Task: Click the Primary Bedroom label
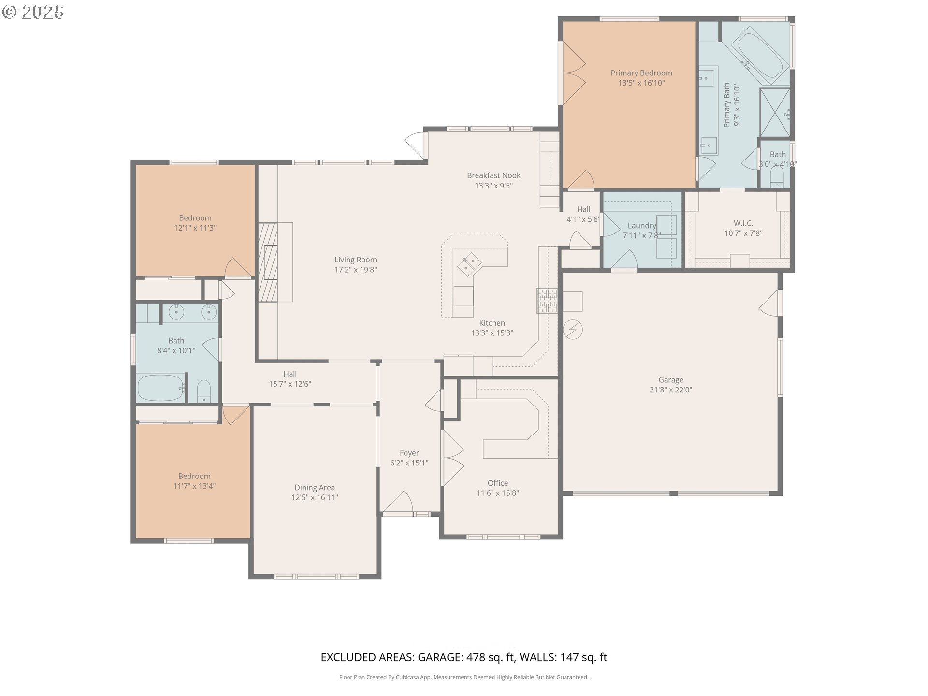pos(641,73)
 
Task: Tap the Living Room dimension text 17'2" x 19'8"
pos(356,270)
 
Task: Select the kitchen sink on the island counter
pos(469,264)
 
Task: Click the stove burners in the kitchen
pos(547,301)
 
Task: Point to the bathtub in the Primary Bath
pos(758,55)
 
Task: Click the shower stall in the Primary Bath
pos(775,113)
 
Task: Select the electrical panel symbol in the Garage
pos(573,330)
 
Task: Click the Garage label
pos(671,380)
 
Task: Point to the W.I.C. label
pos(743,223)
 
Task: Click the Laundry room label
pos(642,226)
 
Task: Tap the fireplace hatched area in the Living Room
pos(268,262)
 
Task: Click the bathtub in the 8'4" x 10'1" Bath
pos(161,387)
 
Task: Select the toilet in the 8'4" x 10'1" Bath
pos(204,391)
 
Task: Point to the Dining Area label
pos(315,488)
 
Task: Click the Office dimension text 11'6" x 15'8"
pos(498,493)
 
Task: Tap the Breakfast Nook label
pos(493,175)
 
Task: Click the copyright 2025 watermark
pos(33,12)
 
